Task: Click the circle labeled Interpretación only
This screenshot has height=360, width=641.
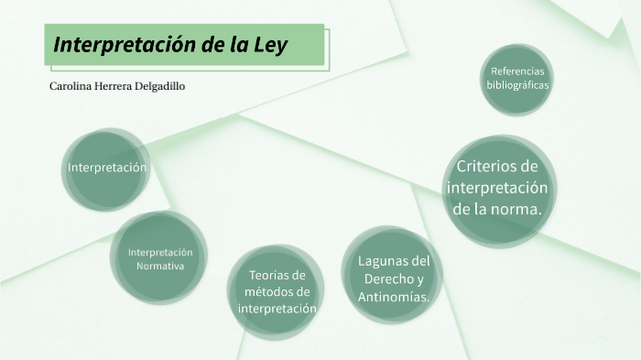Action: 107,169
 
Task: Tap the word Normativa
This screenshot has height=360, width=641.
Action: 160,267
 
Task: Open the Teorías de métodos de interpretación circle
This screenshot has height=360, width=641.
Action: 277,292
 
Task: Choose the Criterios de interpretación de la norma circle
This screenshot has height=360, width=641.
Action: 497,188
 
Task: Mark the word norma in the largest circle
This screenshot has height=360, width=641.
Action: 519,209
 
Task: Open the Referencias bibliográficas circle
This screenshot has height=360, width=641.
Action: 517,79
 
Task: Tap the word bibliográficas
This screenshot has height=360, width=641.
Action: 517,84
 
